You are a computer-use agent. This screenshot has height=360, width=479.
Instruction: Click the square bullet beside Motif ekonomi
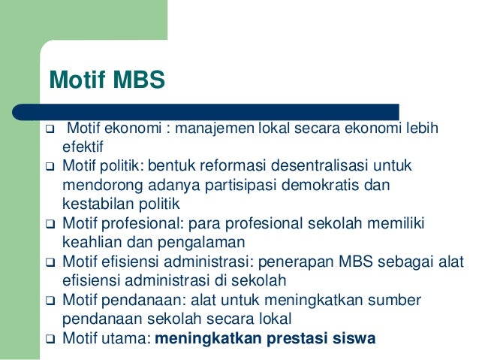(x=50, y=128)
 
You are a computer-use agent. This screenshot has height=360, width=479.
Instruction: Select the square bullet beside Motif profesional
(x=50, y=224)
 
